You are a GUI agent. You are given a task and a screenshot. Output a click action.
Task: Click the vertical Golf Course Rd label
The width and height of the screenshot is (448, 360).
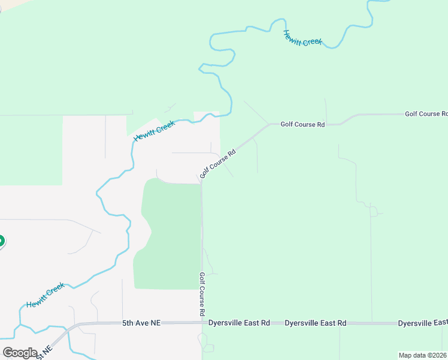[202, 295]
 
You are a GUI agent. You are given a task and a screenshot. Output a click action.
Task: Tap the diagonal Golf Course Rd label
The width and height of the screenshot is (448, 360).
[219, 164]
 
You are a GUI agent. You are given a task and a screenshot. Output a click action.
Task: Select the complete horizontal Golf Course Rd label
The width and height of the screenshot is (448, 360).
[302, 124]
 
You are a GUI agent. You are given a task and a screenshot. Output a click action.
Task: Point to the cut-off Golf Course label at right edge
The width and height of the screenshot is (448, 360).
[426, 113]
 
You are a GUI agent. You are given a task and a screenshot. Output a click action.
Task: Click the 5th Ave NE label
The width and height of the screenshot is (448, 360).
[141, 323]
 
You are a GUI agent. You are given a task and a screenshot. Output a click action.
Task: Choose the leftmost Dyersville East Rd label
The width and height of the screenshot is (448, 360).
[239, 323]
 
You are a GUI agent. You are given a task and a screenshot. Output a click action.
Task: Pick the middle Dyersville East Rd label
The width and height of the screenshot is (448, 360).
[316, 323]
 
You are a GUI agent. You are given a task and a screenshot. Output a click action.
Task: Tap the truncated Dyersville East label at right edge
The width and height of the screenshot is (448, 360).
[422, 323]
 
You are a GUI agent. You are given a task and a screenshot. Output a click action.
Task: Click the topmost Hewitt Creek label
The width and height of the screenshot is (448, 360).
[302, 38]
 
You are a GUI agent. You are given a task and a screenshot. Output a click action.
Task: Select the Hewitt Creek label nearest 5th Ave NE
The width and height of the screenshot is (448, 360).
[46, 296]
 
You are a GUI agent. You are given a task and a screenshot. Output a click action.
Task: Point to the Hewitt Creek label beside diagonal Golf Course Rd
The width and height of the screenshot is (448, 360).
[154, 130]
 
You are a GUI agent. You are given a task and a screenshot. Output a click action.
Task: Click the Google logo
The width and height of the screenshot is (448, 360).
[20, 352]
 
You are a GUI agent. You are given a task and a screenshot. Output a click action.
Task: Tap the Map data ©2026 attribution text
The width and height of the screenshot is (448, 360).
[422, 355]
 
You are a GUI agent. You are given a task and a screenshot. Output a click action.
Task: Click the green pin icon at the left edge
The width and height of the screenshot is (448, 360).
[1, 241]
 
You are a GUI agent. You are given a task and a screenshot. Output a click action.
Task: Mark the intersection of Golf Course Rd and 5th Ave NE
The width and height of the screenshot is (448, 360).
[202, 323]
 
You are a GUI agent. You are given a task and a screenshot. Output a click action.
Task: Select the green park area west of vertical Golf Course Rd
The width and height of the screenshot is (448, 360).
[171, 234]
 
